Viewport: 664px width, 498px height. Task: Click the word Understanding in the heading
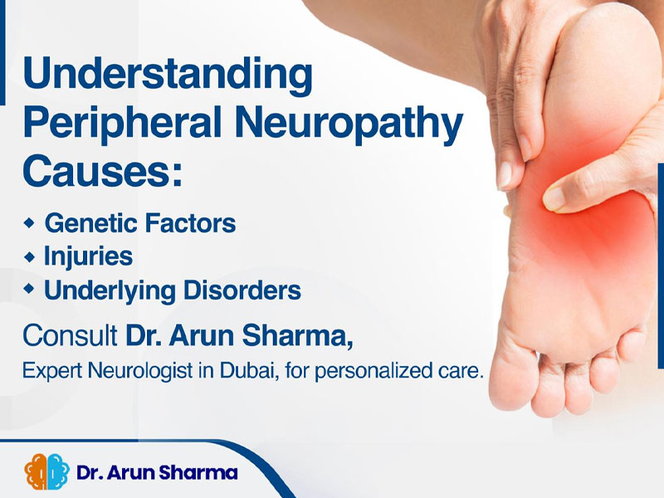(168, 75)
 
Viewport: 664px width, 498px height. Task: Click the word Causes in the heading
(102, 170)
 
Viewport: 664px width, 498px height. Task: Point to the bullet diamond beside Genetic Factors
(29, 222)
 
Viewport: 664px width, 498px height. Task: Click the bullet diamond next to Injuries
(29, 256)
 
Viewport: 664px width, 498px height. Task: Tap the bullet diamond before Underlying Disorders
(29, 289)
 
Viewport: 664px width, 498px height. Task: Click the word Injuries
(89, 256)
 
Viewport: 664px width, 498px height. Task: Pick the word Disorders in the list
(242, 290)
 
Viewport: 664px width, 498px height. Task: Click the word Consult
(71, 335)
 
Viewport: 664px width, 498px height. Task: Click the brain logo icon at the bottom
(47, 471)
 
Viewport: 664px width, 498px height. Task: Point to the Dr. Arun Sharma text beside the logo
(157, 472)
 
